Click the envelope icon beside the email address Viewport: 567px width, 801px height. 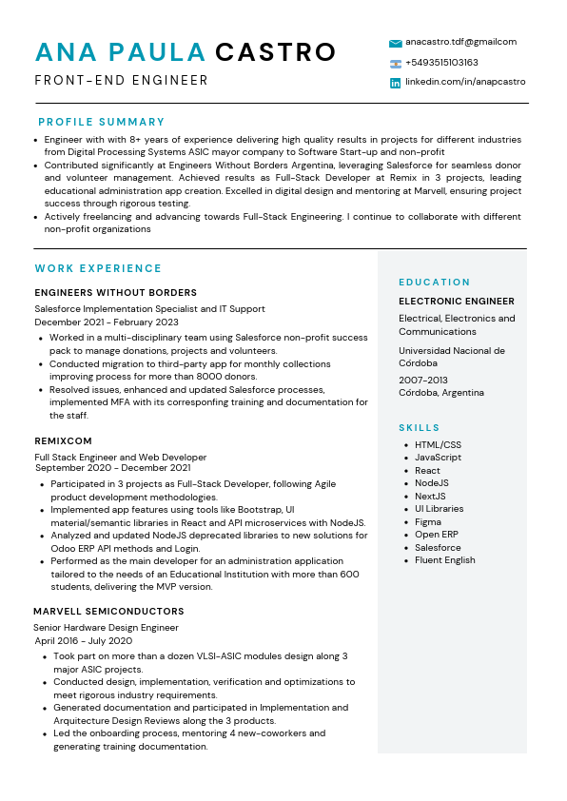click(x=395, y=43)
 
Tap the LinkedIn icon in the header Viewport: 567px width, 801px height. click(x=395, y=84)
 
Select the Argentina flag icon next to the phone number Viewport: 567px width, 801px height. click(x=395, y=64)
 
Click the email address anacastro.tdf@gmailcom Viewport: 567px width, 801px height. click(x=460, y=42)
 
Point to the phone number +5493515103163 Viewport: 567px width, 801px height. click(x=441, y=63)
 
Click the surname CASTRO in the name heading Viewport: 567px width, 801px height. click(x=275, y=52)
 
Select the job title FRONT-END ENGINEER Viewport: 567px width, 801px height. click(x=121, y=81)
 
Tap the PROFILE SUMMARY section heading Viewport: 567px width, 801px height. click(x=101, y=122)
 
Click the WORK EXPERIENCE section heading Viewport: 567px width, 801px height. click(x=98, y=268)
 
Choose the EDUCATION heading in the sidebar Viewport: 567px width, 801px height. click(x=434, y=283)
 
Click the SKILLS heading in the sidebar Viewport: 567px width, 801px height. click(x=419, y=428)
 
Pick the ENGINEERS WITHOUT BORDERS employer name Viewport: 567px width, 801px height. click(x=115, y=293)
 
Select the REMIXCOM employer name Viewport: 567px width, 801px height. click(x=63, y=441)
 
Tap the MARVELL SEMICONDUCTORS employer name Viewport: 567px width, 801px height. click(x=108, y=611)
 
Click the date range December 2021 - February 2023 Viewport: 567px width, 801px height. click(x=106, y=322)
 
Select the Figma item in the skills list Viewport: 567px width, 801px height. click(x=427, y=521)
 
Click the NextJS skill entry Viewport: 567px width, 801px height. click(x=430, y=496)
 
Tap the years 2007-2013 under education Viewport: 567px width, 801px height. click(x=423, y=380)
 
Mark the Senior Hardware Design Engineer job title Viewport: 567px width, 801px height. click(x=106, y=628)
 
